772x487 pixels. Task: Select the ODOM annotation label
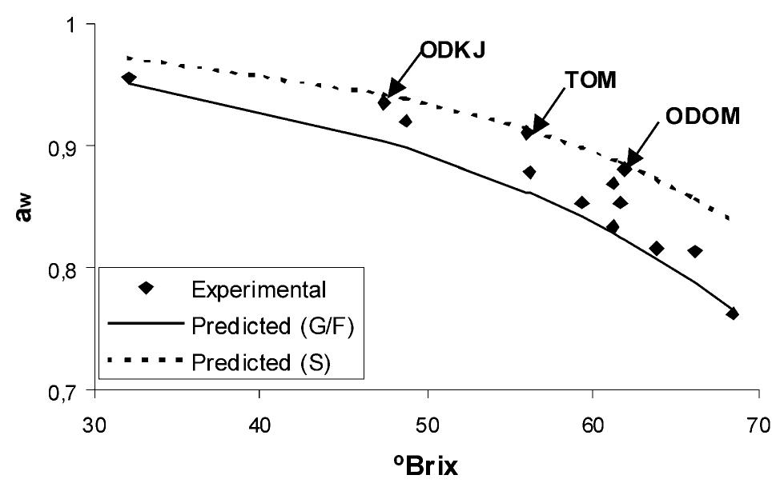(702, 117)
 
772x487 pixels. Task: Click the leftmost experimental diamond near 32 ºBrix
(129, 78)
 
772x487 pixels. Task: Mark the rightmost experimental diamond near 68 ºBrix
(732, 313)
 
